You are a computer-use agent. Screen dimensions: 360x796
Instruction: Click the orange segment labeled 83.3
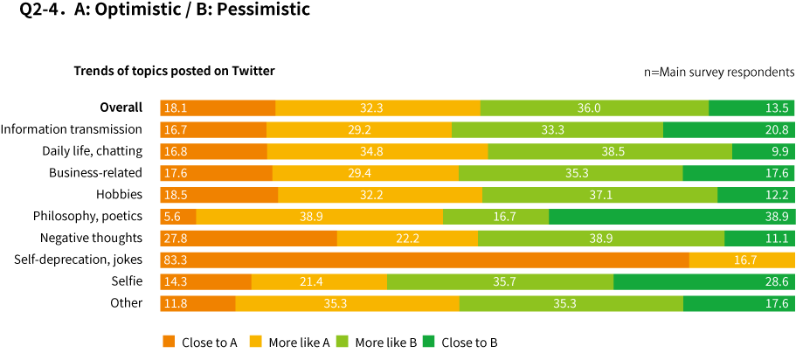pyautogui.click(x=424, y=260)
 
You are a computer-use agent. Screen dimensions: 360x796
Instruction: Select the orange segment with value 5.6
pyautogui.click(x=178, y=217)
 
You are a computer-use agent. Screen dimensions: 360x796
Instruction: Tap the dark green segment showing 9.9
pyautogui.click(x=763, y=151)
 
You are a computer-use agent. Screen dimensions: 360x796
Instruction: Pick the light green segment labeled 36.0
pyautogui.click(x=594, y=107)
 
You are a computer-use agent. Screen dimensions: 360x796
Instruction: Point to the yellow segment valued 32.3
pyautogui.click(x=377, y=107)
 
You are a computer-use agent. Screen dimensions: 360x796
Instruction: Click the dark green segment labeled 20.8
pyautogui.click(x=729, y=129)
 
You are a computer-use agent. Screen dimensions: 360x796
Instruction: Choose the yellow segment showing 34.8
pyautogui.click(x=377, y=151)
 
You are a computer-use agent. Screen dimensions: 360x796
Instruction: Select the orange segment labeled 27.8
pyautogui.click(x=248, y=238)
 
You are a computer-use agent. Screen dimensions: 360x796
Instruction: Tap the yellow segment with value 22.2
pyautogui.click(x=407, y=238)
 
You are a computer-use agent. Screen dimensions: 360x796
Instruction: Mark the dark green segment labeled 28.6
pyautogui.click(x=703, y=281)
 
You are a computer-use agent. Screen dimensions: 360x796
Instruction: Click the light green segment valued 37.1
pyautogui.click(x=599, y=195)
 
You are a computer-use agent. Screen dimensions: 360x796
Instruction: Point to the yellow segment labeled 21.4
pyautogui.click(x=319, y=281)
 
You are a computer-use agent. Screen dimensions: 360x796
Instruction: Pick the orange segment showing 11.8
pyautogui.click(x=197, y=303)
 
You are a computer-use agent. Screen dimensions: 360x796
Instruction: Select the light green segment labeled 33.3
pyautogui.click(x=557, y=129)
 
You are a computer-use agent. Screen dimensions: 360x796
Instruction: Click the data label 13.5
pyautogui.click(x=777, y=108)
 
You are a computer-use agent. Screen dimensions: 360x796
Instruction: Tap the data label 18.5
pyautogui.click(x=176, y=195)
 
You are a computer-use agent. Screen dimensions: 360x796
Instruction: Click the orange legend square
pyautogui.click(x=169, y=341)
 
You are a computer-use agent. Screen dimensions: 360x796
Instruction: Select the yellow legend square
pyautogui.click(x=255, y=341)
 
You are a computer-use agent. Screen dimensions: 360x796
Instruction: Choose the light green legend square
pyautogui.click(x=342, y=341)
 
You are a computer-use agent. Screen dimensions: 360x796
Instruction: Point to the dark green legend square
pyautogui.click(x=428, y=341)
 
